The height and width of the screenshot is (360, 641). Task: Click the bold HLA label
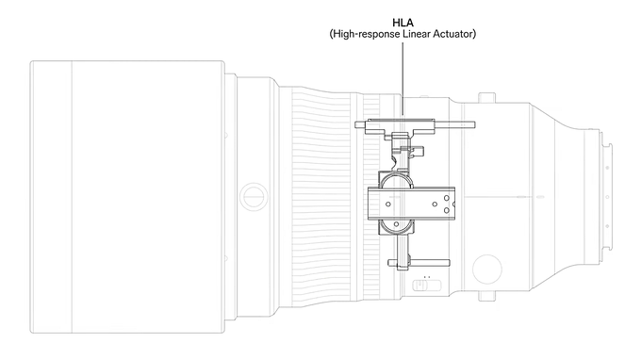coord(403,23)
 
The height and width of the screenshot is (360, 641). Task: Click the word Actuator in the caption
coord(453,34)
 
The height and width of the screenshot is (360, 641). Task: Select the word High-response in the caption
coord(367,34)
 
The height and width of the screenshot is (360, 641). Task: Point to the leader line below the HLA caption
coord(403,78)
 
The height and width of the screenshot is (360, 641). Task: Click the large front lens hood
coord(127,197)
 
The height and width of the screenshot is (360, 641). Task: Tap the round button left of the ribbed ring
coord(254,197)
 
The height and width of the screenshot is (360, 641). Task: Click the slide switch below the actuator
coord(426,285)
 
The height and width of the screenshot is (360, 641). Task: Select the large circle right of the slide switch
coord(487,269)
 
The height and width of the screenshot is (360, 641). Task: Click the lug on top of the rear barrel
coord(487,98)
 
